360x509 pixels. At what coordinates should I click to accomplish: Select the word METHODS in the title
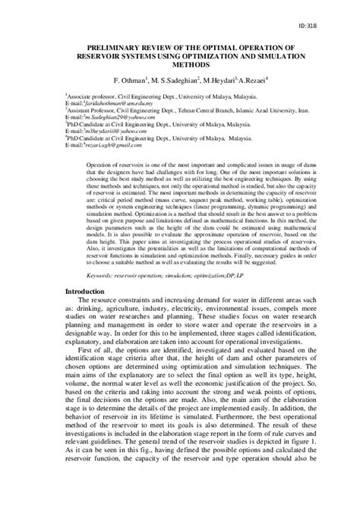pos(180,65)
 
